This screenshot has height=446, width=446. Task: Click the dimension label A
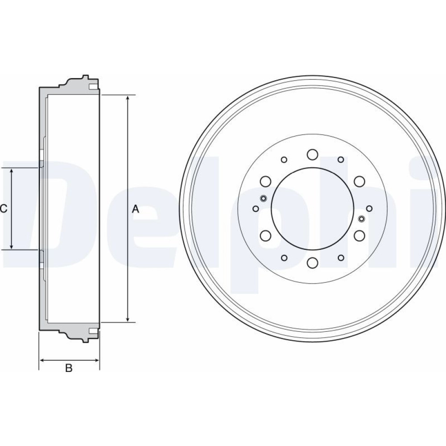point(136,209)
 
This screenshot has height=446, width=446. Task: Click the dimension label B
point(69,368)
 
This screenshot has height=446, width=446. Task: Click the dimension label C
point(4,209)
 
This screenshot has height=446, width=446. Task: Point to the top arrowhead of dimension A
point(128,99)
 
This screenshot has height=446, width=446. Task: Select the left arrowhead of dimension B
point(42,360)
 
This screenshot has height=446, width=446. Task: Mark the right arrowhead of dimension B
point(96,360)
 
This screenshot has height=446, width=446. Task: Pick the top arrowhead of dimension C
point(12,172)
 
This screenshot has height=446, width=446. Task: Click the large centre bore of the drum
point(312,208)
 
